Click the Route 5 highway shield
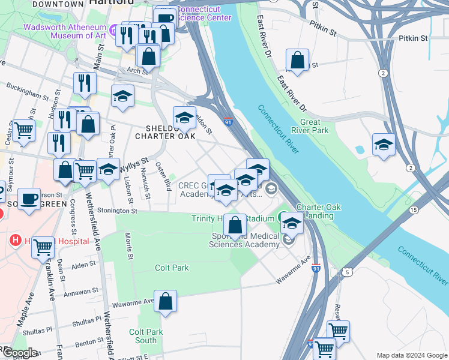[x=348, y=272]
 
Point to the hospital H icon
[x=16, y=241]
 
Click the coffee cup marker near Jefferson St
[x=29, y=199]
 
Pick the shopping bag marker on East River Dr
[x=297, y=60]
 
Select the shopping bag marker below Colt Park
[x=165, y=301]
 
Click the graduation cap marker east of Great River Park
[x=384, y=145]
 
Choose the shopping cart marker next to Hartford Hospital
[x=43, y=246]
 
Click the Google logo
[x=19, y=353]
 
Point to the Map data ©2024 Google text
[x=411, y=355]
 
